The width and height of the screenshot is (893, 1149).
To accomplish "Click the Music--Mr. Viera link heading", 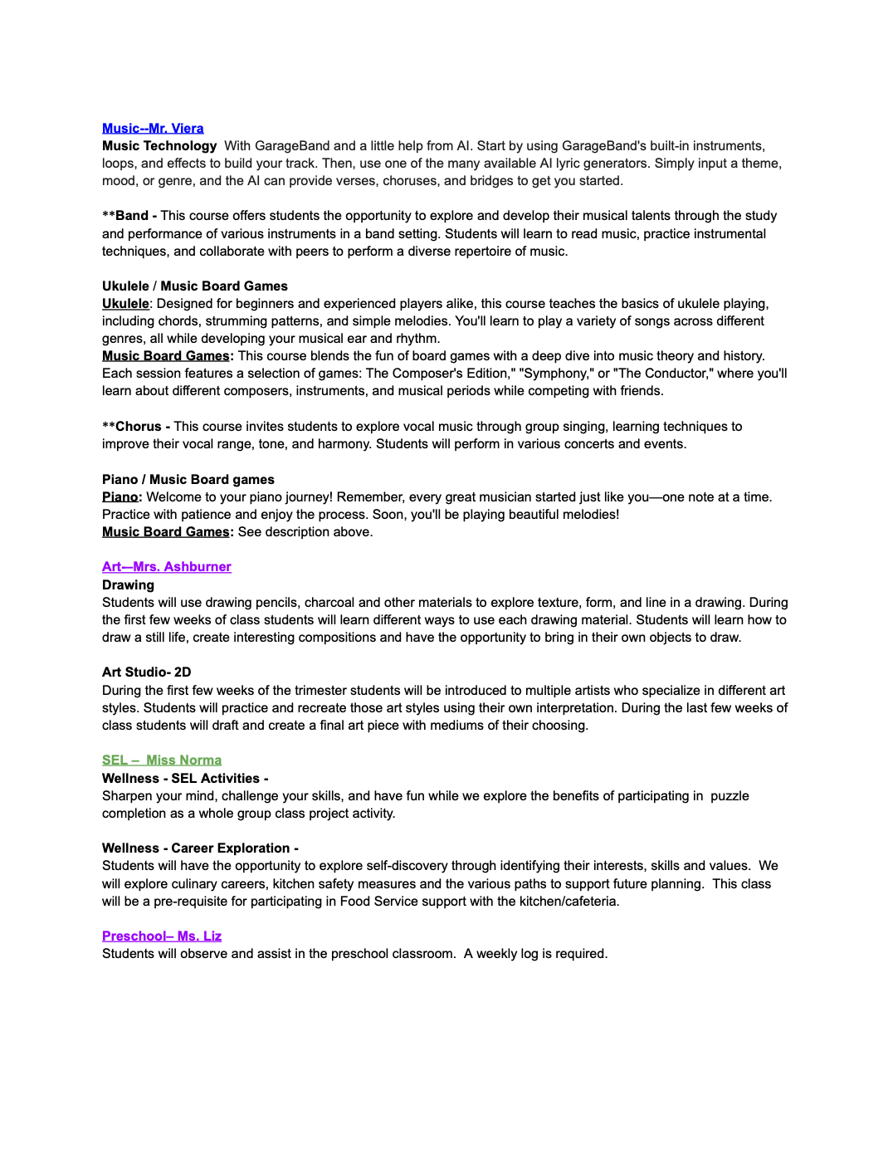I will pyautogui.click(x=153, y=128).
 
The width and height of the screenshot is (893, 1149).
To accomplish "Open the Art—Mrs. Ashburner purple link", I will pyautogui.click(x=166, y=566).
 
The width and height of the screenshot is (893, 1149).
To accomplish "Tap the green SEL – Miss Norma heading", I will pyautogui.click(x=162, y=760).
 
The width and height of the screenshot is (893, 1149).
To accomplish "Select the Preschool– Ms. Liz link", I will pyautogui.click(x=162, y=936).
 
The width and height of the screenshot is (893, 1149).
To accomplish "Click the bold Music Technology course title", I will pyautogui.click(x=159, y=145).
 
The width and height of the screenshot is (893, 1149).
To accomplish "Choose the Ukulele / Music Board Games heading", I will pyautogui.click(x=195, y=286).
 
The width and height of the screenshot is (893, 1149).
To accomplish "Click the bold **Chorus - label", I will pyautogui.click(x=136, y=426).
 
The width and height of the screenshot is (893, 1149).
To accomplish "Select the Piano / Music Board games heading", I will pyautogui.click(x=188, y=479).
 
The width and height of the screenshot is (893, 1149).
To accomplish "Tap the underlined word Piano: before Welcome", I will pyautogui.click(x=121, y=496).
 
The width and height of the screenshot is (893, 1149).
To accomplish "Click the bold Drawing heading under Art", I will pyautogui.click(x=128, y=584).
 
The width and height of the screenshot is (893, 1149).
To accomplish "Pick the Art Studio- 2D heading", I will pyautogui.click(x=146, y=672).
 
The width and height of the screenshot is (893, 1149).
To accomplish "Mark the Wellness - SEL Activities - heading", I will pyautogui.click(x=185, y=778).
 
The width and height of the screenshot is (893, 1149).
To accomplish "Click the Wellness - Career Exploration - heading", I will pyautogui.click(x=200, y=848).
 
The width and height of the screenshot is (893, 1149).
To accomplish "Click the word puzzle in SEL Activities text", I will pyautogui.click(x=730, y=795).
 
